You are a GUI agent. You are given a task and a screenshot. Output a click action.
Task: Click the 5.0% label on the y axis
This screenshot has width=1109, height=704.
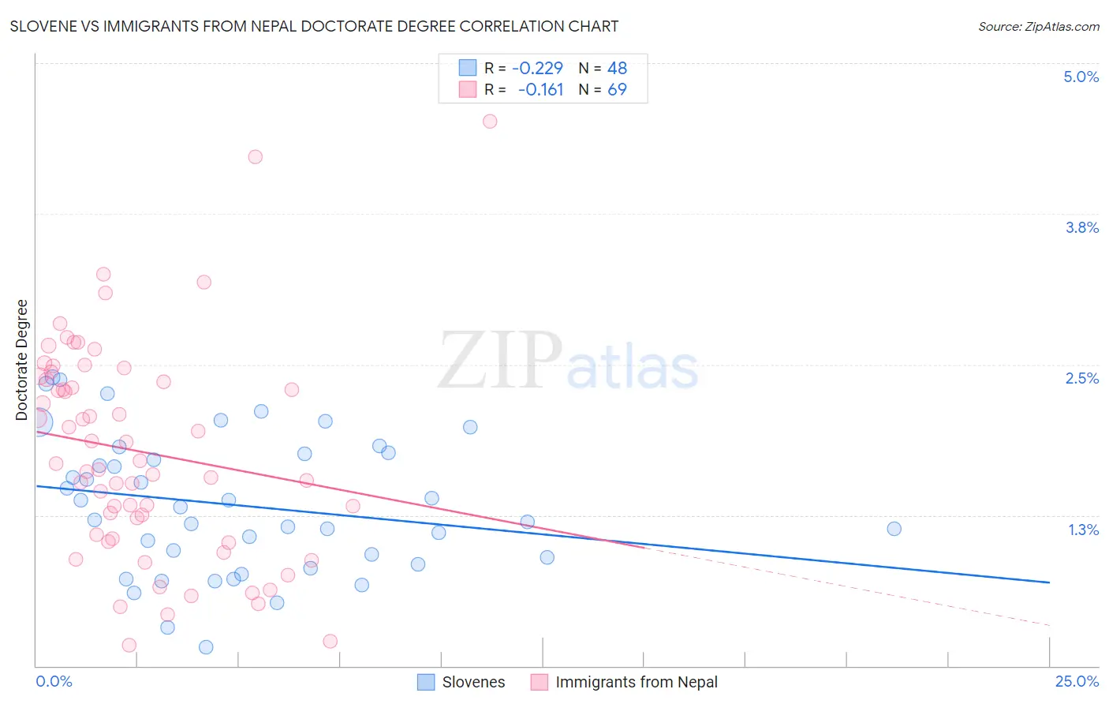(1081, 77)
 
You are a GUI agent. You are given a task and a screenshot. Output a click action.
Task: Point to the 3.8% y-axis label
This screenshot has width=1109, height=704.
(1081, 227)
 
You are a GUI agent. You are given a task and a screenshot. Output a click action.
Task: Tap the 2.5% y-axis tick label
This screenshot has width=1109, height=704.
(1081, 378)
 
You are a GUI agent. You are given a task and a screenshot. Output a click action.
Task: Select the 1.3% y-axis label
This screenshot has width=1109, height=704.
(1083, 530)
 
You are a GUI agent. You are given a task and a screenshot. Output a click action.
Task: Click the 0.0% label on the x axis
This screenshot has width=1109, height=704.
(54, 681)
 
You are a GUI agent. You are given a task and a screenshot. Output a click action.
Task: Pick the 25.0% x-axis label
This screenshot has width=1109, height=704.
(1077, 681)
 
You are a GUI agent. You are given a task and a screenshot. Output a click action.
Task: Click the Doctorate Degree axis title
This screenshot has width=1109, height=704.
(22, 360)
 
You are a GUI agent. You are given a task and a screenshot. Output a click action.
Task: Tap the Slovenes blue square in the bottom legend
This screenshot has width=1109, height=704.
(426, 682)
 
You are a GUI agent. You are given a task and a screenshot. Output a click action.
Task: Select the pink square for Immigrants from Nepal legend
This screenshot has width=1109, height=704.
(540, 682)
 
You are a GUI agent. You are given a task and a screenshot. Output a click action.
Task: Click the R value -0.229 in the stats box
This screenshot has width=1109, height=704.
(537, 68)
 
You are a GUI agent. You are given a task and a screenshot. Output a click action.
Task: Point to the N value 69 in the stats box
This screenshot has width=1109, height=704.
(617, 90)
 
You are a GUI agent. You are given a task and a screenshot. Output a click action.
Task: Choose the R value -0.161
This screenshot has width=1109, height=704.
(540, 90)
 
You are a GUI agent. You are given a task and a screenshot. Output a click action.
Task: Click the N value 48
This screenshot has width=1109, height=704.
(617, 68)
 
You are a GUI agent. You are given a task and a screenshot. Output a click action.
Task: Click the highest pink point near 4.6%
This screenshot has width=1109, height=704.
(490, 121)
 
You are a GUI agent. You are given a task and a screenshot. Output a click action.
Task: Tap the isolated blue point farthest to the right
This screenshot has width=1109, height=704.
(894, 529)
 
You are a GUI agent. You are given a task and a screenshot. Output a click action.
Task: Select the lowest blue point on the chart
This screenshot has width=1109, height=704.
(206, 647)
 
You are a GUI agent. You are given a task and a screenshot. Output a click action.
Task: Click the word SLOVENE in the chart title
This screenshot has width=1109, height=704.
(43, 26)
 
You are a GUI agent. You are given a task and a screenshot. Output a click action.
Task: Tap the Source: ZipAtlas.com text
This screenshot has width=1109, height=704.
(1038, 26)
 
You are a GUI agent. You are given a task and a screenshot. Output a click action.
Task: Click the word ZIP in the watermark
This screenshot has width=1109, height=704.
(499, 361)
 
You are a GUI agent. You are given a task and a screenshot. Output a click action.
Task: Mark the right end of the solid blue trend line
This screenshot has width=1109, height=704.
(1049, 582)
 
